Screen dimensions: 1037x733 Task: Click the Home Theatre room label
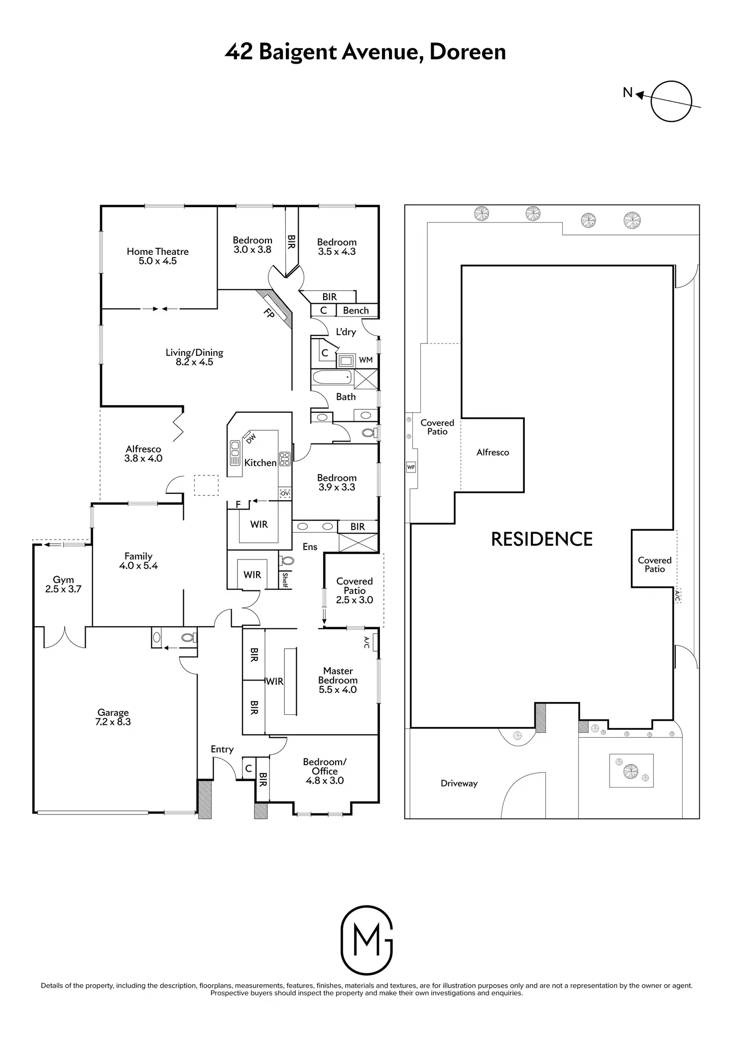point(157,256)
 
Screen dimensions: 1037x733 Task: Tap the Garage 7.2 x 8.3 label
point(113,717)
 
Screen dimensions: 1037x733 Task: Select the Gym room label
point(63,584)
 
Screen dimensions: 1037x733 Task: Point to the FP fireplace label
point(269,314)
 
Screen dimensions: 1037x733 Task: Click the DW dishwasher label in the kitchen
point(251,438)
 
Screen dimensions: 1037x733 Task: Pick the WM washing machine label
point(366,359)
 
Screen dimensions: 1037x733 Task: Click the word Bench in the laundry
point(356,310)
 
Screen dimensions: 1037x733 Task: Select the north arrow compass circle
point(671,101)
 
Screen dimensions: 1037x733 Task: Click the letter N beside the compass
point(628,93)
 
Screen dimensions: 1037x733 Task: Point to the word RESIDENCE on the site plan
point(542,539)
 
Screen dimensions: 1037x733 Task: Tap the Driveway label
point(459,783)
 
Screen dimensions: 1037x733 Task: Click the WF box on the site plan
point(411,467)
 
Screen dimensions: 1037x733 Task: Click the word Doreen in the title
point(467,52)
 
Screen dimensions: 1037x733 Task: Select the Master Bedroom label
point(338,680)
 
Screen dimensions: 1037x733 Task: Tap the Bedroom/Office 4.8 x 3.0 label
point(325,771)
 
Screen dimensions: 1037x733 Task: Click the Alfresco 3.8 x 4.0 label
point(143,454)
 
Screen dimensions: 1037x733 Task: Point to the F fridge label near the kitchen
point(238,504)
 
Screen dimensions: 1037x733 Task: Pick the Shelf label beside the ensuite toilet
point(285,580)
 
